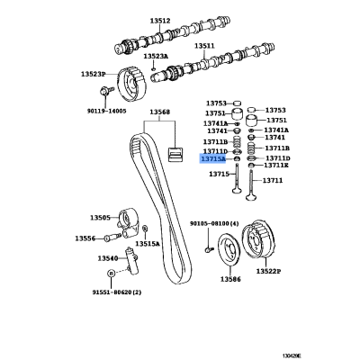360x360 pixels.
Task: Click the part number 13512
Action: (160, 21)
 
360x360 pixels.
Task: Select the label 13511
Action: (204, 46)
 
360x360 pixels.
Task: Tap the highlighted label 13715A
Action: (213, 158)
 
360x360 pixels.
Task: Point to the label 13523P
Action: (94, 74)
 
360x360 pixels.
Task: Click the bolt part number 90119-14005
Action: (106, 112)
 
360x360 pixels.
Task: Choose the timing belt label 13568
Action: (160, 112)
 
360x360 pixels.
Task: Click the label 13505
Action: (100, 218)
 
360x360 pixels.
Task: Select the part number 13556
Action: (85, 238)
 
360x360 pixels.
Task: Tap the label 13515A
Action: (148, 244)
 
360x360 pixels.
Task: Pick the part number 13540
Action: (108, 258)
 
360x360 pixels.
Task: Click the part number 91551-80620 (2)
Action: (117, 292)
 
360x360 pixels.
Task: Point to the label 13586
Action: (230, 279)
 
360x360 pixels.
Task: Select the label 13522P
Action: (268, 272)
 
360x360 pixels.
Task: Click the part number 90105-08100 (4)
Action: (214, 224)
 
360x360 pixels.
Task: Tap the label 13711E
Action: (276, 166)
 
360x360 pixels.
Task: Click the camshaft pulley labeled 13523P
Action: (131, 85)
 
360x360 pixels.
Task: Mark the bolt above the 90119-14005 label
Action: (106, 90)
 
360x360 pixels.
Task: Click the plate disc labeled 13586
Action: (228, 249)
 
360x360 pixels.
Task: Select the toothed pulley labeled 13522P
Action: (257, 240)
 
